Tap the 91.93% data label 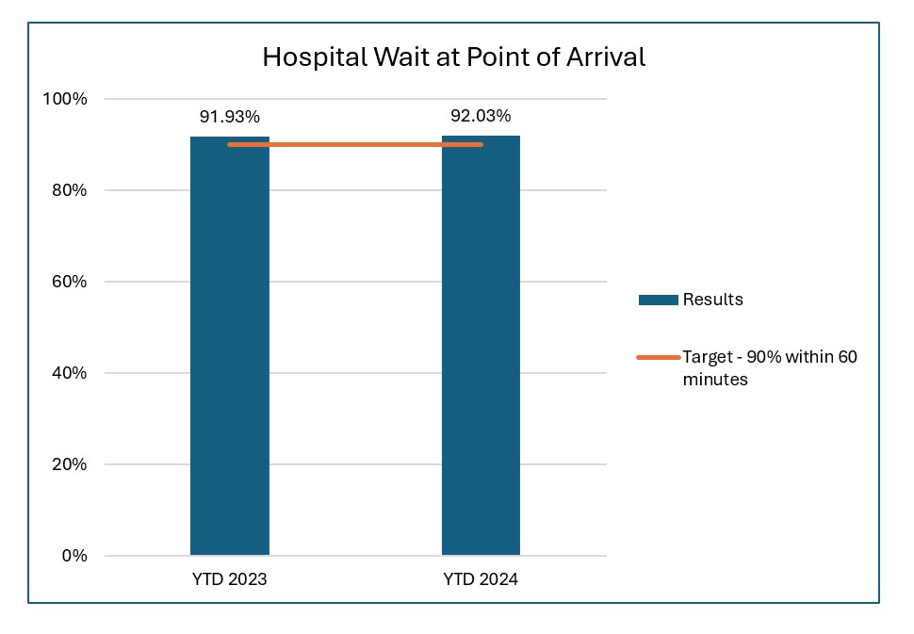tap(229, 117)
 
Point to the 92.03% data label tap(481, 116)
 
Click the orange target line tap(355, 144)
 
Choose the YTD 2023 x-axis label tap(229, 579)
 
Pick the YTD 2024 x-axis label tap(481, 579)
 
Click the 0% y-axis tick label tap(73, 556)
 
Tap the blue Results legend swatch tap(658, 300)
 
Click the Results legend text tap(713, 300)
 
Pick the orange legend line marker tap(658, 357)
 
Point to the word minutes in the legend tap(715, 380)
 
